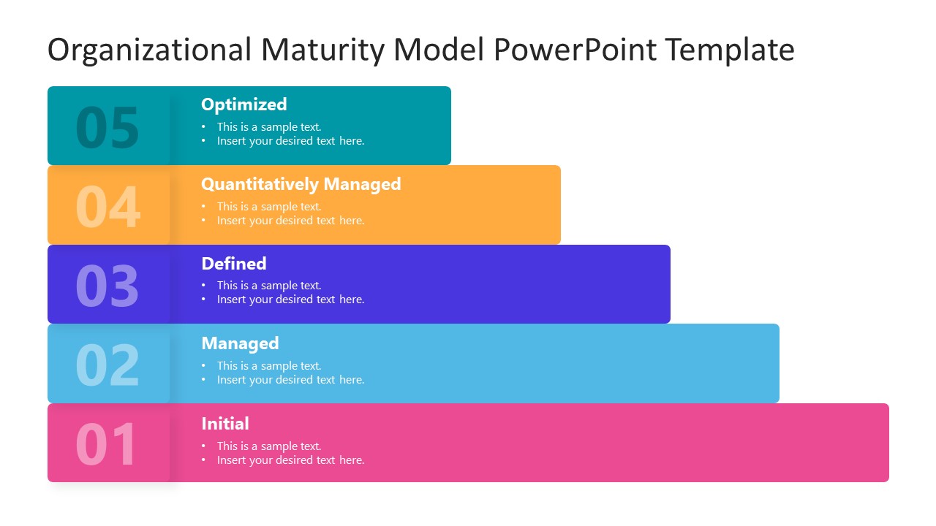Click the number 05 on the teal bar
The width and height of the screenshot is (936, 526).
107,128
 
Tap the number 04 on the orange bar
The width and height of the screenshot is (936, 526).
107,207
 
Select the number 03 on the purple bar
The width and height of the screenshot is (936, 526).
107,286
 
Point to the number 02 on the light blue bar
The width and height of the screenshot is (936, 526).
107,365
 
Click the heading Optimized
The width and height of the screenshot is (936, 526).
244,104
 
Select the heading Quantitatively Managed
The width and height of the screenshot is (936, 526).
301,184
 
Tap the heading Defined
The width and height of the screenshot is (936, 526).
233,264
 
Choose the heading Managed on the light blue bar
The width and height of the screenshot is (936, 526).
240,343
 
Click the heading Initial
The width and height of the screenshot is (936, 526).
224,424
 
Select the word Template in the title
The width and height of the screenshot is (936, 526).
729,50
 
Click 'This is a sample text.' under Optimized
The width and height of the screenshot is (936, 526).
268,127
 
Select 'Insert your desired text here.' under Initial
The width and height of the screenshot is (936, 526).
290,460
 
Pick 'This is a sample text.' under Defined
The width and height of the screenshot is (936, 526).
268,286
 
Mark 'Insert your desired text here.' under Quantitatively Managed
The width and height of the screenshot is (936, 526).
290,221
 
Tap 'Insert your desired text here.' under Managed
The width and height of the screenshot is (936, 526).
290,380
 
